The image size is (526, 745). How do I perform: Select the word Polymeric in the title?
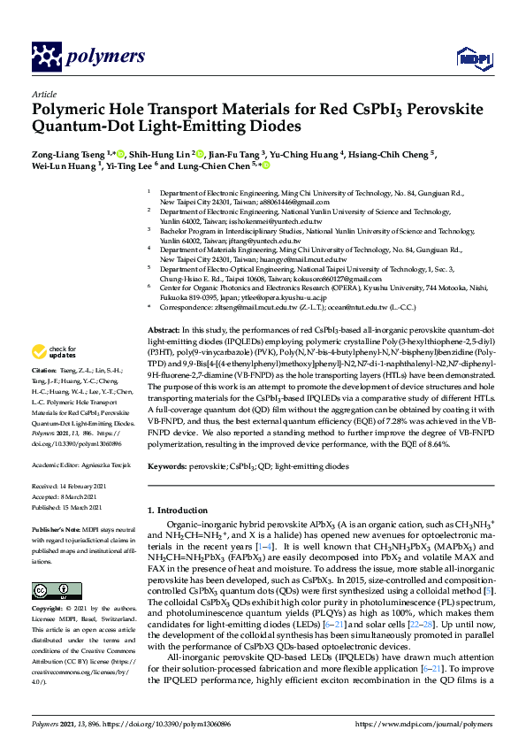71,110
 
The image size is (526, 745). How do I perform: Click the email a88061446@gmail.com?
254,202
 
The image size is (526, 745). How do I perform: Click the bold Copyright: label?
48,610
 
